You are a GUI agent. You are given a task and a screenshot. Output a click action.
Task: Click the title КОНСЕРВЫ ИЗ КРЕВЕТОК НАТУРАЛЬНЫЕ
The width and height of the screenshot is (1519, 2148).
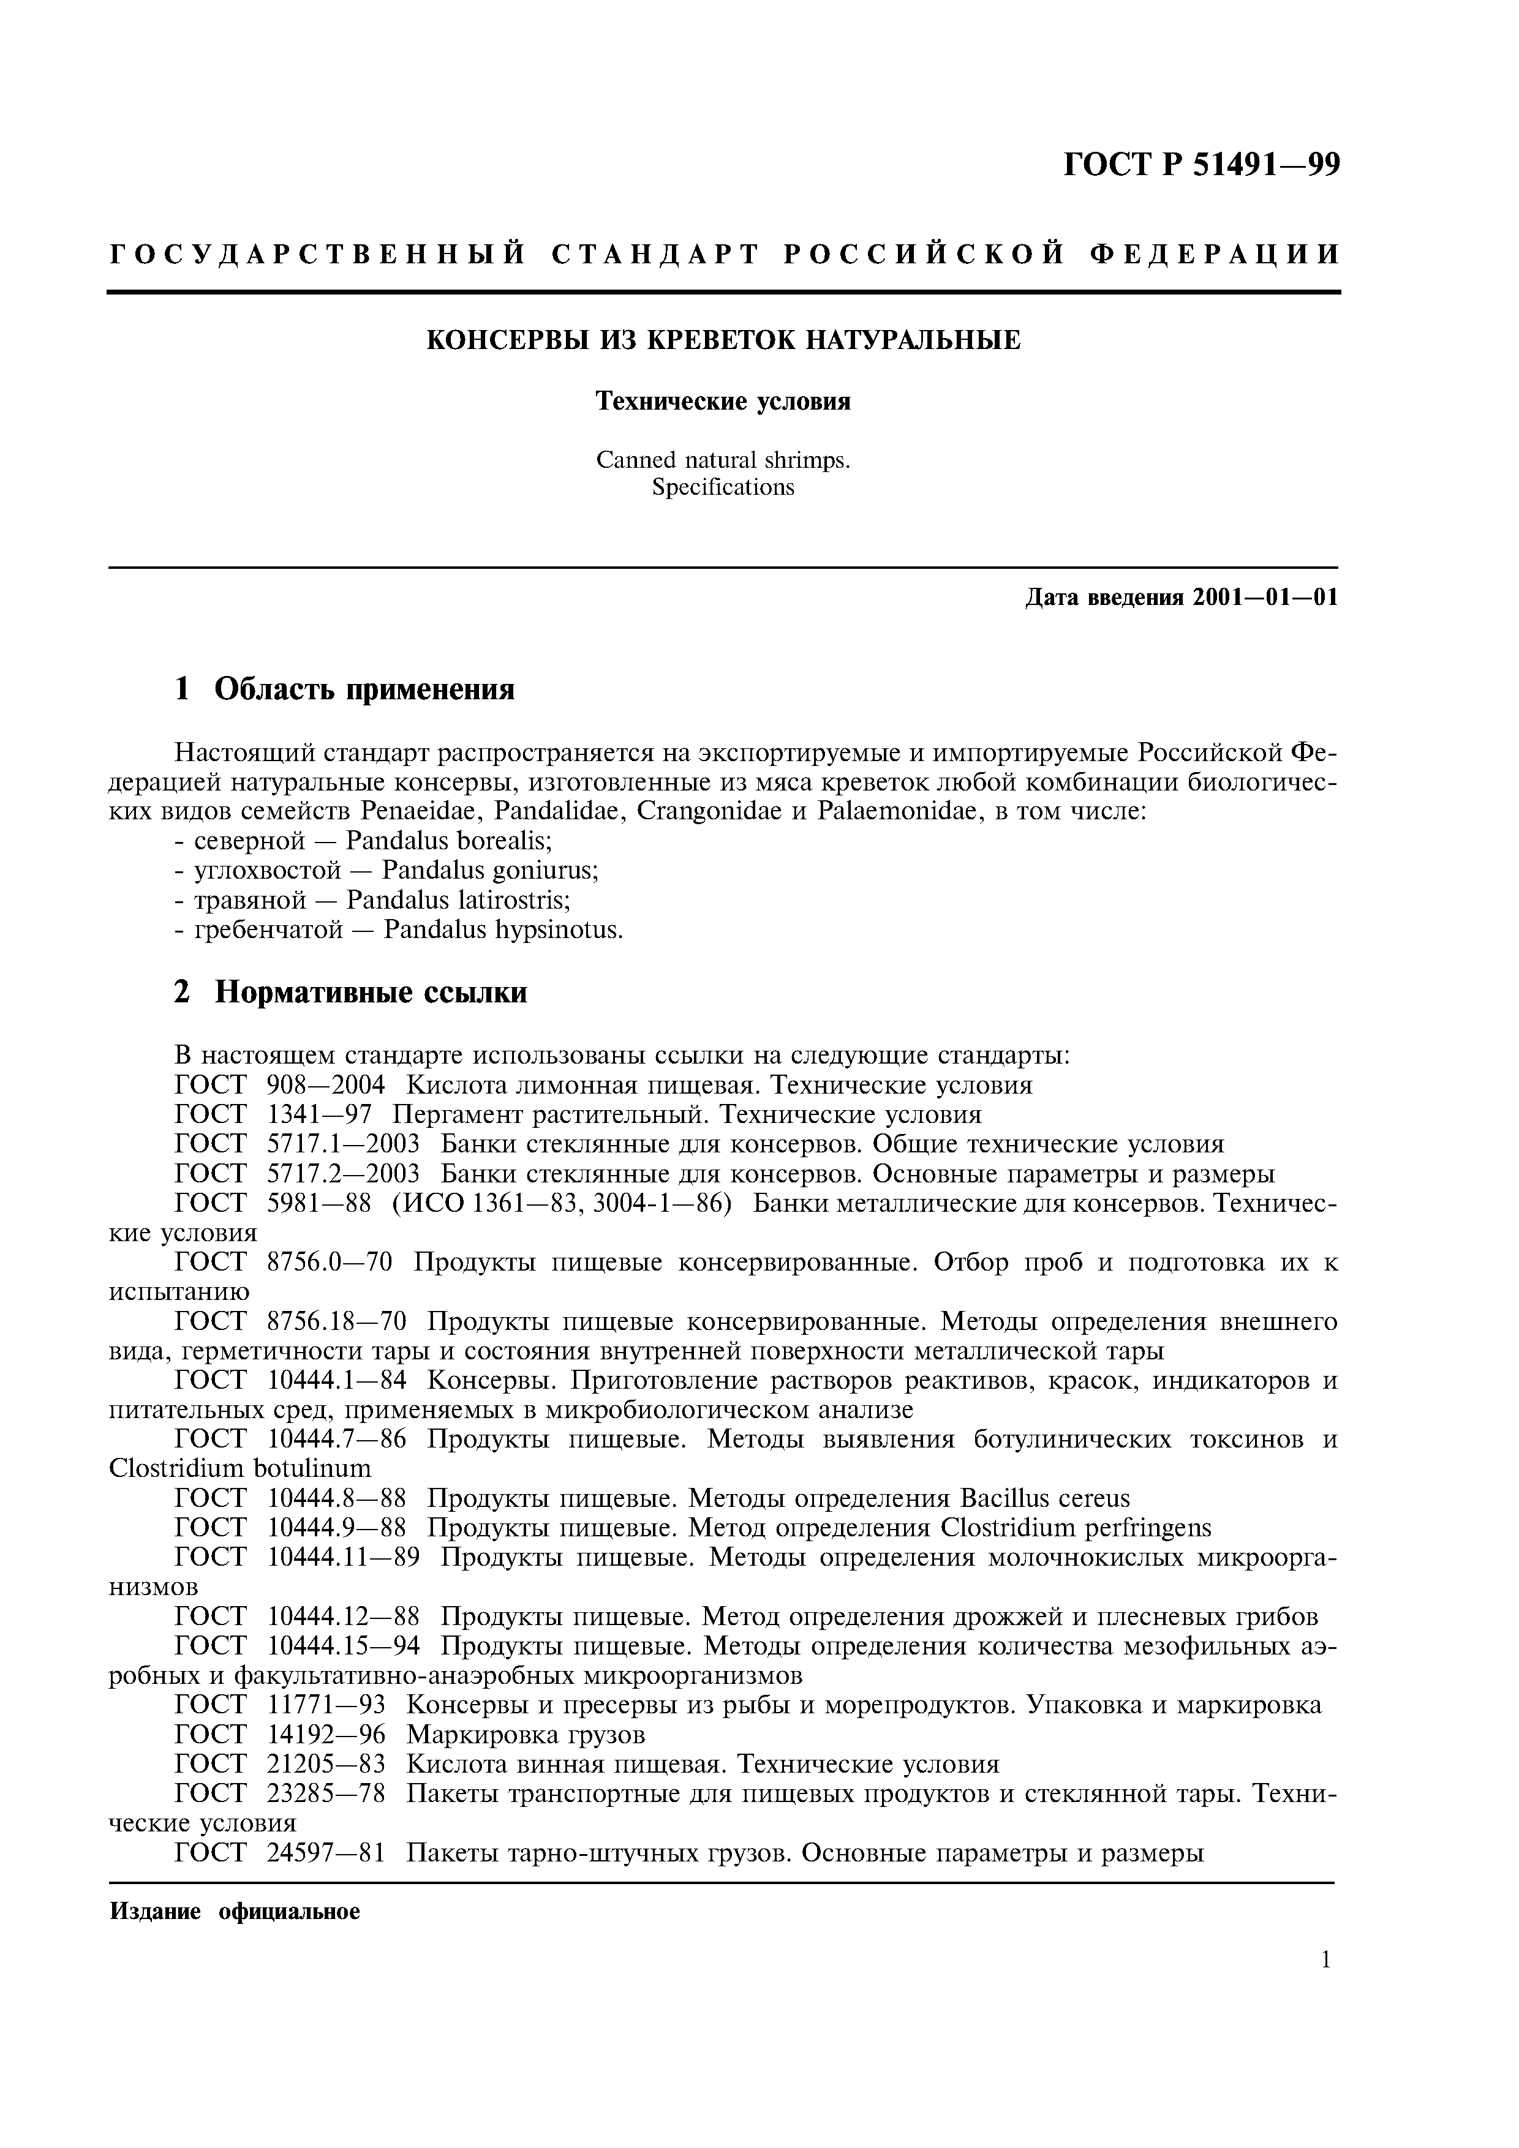(x=723, y=340)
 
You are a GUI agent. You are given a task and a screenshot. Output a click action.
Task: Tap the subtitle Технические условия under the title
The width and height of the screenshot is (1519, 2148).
(x=723, y=401)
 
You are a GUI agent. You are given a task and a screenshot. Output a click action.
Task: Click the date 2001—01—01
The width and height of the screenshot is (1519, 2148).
(x=1265, y=597)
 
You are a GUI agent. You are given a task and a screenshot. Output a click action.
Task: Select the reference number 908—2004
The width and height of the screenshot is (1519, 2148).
(x=326, y=1085)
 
